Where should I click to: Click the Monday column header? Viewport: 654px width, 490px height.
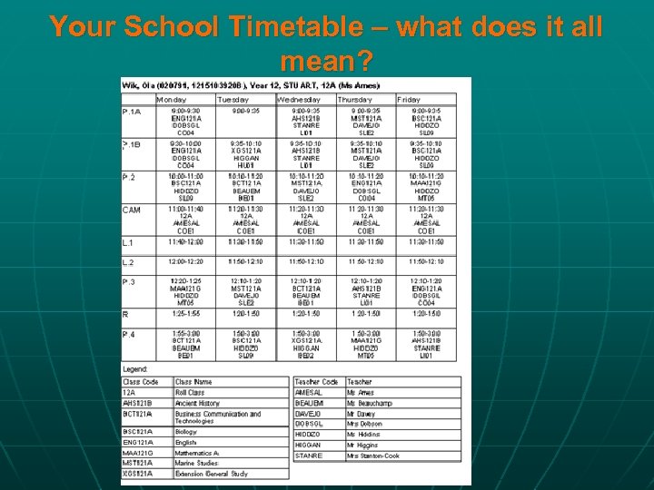click(172, 99)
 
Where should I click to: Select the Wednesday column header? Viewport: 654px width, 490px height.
click(298, 99)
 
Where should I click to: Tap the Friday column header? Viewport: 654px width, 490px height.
click(409, 99)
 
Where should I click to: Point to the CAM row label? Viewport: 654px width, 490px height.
click(132, 211)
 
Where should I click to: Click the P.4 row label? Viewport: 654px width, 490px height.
click(130, 335)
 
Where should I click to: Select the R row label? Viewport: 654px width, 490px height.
click(125, 314)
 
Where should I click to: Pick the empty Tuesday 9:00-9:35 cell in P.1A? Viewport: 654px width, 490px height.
click(245, 112)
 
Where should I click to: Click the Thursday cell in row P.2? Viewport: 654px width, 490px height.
click(366, 186)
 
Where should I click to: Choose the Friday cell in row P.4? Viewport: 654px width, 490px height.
click(426, 345)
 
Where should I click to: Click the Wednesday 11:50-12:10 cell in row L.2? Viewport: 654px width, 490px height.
click(305, 261)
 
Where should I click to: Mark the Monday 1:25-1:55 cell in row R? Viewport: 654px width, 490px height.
click(185, 314)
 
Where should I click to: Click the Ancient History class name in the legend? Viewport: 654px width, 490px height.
click(197, 403)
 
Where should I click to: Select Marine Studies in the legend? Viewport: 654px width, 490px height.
click(197, 463)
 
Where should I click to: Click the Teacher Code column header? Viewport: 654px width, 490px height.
click(316, 382)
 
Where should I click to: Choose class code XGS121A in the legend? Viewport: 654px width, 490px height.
click(137, 473)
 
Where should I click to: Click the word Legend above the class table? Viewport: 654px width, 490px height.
click(136, 370)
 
